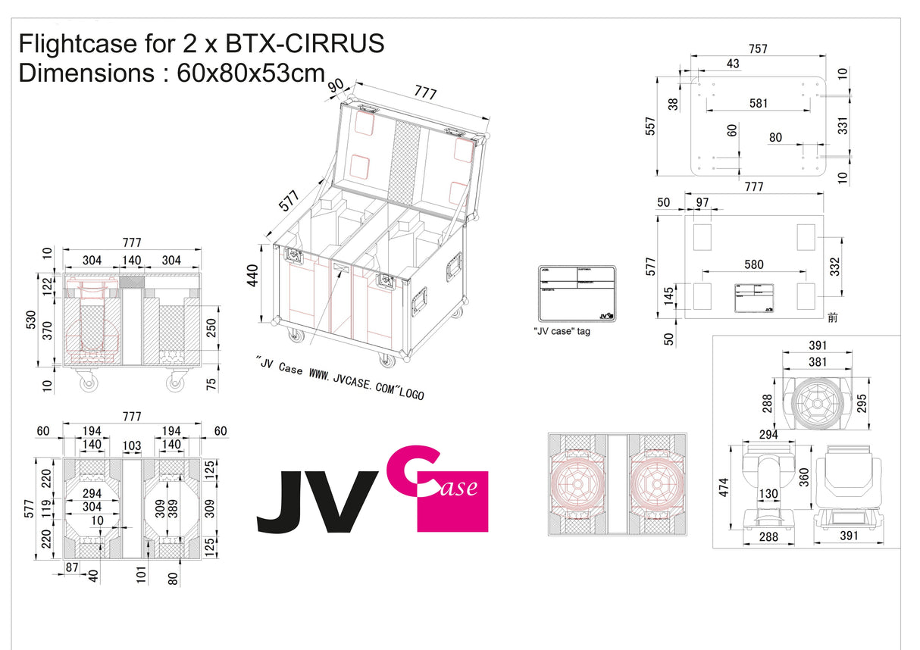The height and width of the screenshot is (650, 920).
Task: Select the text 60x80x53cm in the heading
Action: point(251,74)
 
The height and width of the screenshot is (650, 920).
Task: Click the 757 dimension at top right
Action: point(757,49)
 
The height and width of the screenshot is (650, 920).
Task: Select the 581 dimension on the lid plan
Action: point(758,103)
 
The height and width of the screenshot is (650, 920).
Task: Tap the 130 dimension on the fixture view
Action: point(768,494)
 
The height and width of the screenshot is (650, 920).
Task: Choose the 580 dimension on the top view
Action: point(753,264)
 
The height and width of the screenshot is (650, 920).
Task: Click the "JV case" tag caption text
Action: point(562,331)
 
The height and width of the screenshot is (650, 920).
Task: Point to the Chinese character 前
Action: point(833,317)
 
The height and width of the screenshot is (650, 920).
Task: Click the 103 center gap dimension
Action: point(132,445)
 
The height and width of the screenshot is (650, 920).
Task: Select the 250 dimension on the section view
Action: point(211,327)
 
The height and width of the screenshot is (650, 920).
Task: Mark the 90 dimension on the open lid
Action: point(335,86)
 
